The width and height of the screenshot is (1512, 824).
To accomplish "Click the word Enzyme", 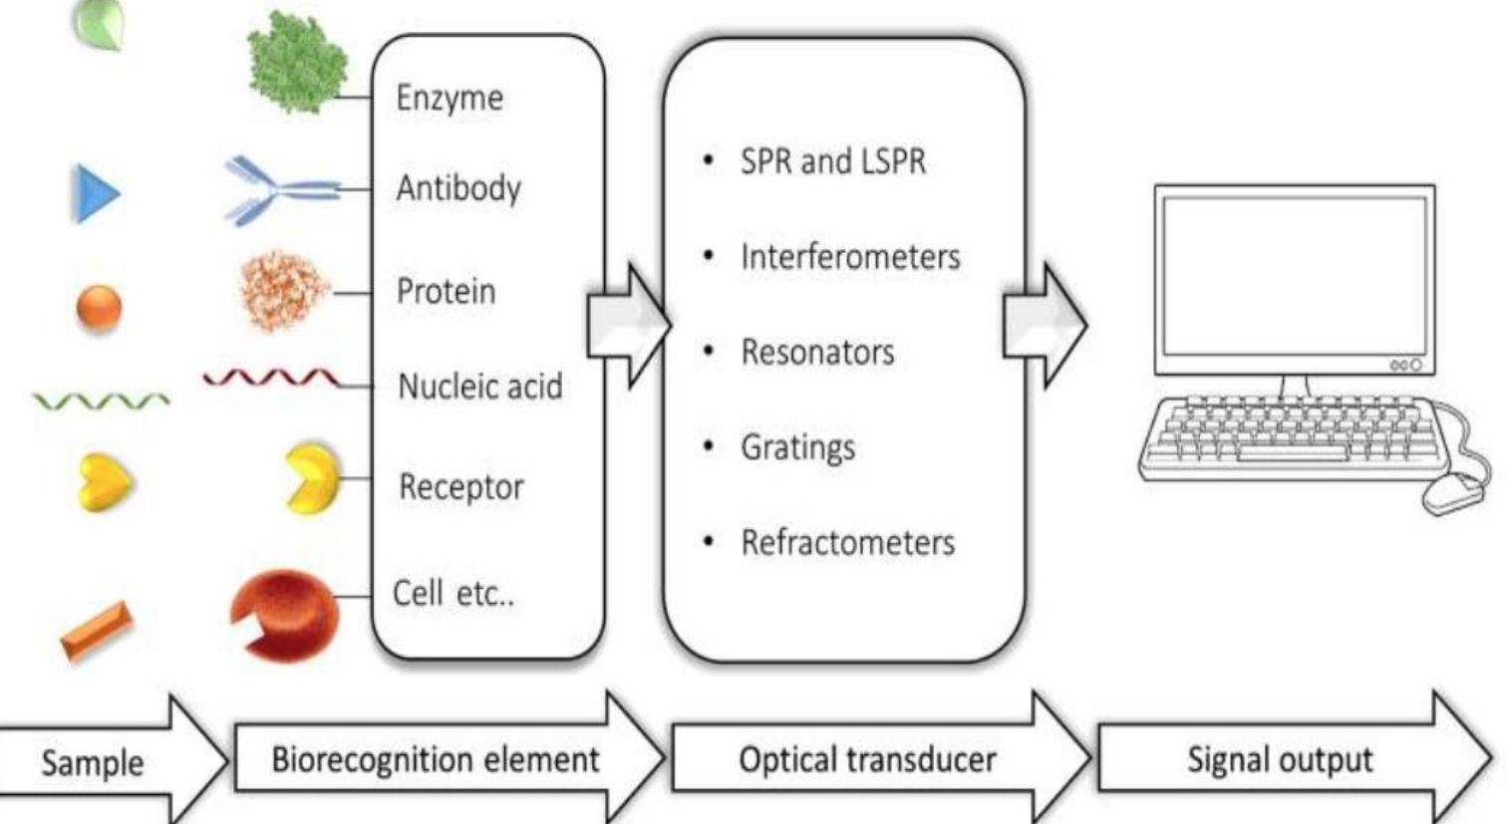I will tap(450, 98).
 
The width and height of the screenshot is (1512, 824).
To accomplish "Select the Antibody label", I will tap(458, 187).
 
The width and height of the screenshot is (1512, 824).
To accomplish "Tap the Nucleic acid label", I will tap(479, 386).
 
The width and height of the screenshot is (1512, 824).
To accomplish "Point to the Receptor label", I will tap(460, 487).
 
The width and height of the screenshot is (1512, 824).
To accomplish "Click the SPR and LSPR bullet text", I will tap(832, 161).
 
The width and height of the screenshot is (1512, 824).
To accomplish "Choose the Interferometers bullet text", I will tap(849, 257).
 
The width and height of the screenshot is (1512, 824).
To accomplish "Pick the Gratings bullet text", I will tap(797, 447).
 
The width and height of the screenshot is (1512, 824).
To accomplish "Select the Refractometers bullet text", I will tap(847, 543).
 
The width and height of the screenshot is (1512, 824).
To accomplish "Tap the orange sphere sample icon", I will tap(99, 307).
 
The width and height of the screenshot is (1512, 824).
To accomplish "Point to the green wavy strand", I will tap(101, 402).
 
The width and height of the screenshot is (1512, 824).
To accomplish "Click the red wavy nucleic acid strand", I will tap(270, 379).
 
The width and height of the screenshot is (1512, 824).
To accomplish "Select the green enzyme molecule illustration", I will tap(297, 62).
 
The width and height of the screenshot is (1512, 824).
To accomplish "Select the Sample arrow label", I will tap(92, 763).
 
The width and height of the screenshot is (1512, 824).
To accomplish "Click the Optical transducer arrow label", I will tap(866, 760).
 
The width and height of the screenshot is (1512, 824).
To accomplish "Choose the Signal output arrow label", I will tap(1279, 760).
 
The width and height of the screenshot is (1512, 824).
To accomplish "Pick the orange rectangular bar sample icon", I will tap(96, 630).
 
